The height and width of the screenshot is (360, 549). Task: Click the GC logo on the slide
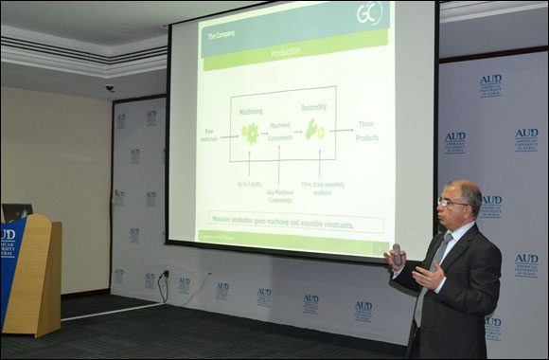[x=369, y=15]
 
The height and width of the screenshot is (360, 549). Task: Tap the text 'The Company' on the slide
[x=221, y=36]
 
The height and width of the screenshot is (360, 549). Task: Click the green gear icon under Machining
[x=251, y=134]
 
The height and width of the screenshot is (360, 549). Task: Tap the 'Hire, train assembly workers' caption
[x=320, y=187]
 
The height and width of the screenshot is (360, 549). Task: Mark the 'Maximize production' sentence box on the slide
[x=293, y=225]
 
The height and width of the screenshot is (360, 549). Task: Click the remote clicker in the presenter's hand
[x=398, y=254]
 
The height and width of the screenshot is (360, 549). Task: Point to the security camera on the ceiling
[x=109, y=88]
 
